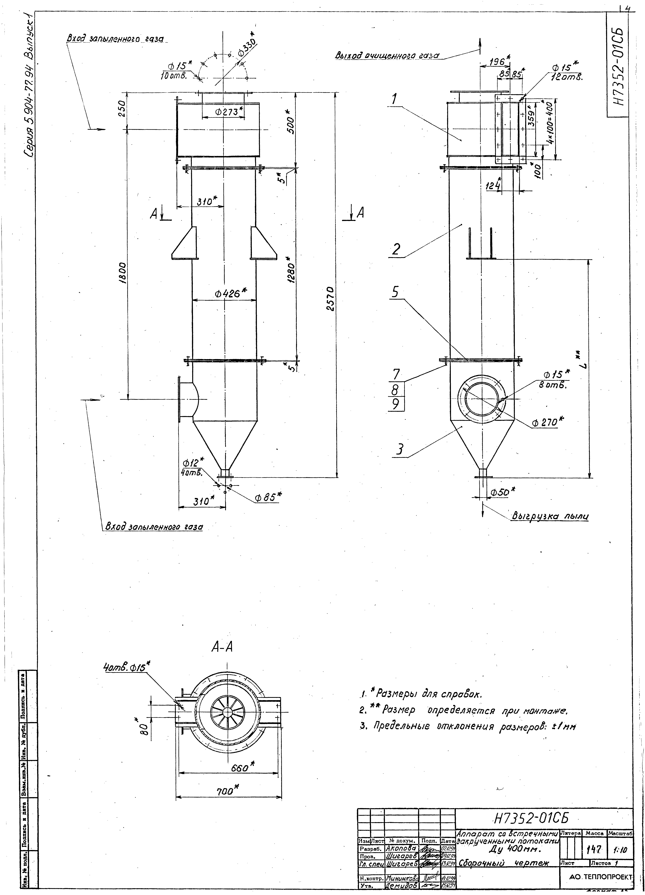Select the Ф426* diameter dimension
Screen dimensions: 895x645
230,293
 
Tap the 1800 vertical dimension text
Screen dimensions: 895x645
123,272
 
